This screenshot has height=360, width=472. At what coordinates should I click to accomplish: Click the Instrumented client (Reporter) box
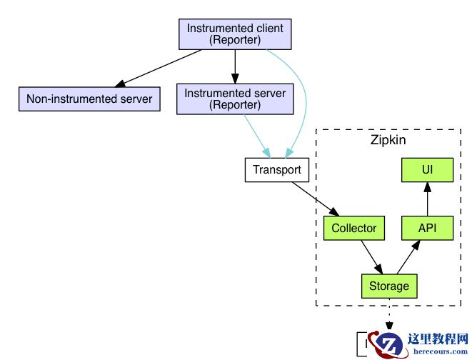(235, 34)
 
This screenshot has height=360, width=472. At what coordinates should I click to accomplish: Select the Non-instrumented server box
(89, 99)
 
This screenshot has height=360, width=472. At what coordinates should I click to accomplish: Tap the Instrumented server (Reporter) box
(235, 99)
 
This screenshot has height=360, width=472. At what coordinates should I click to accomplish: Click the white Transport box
(277, 171)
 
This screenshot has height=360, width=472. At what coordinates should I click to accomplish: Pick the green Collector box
(353, 228)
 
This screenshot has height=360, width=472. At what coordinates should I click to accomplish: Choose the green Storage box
(389, 286)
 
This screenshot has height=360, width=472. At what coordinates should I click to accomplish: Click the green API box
(427, 228)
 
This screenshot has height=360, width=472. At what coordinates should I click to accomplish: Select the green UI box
(427, 170)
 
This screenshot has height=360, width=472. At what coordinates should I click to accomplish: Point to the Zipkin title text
(388, 140)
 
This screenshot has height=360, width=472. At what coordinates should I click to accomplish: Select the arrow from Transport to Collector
(315, 199)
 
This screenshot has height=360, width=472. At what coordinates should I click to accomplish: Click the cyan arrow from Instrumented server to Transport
(255, 135)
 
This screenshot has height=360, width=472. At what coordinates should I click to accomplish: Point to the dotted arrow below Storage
(389, 314)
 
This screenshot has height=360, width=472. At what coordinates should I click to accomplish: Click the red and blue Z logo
(388, 346)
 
